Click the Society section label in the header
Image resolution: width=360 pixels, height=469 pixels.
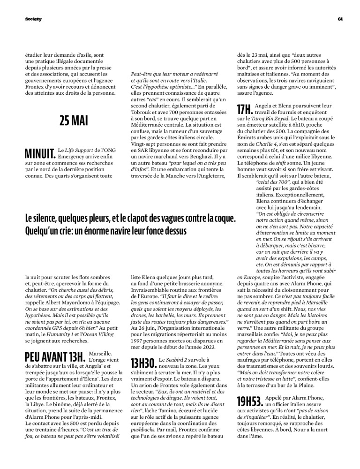point(33,19)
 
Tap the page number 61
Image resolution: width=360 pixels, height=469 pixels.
point(341,19)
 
